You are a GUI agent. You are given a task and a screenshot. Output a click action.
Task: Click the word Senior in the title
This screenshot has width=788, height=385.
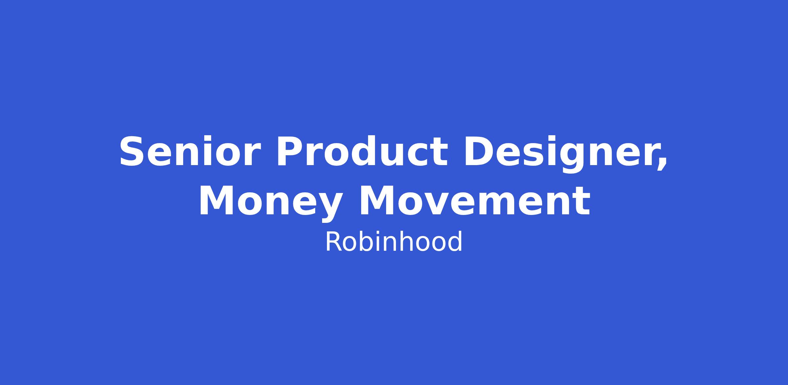point(190,151)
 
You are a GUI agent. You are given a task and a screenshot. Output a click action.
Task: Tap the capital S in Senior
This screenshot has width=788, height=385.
point(133,151)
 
